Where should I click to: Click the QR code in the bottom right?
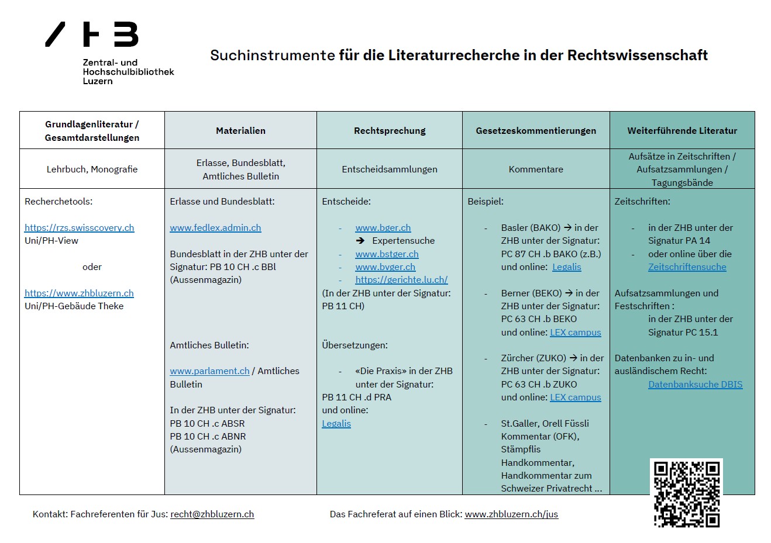click(686, 493)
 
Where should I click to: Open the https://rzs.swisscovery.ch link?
click(80, 228)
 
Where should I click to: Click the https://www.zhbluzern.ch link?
click(79, 293)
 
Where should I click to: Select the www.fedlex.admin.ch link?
click(215, 228)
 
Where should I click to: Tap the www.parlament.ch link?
click(209, 371)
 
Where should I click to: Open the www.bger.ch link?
click(383, 228)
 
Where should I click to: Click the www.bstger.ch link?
click(387, 254)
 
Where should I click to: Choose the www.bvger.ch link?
click(385, 267)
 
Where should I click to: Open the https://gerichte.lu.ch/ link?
click(401, 280)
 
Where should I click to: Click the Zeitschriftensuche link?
click(687, 267)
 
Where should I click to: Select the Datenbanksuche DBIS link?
click(695, 385)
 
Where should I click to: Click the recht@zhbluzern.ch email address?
click(212, 514)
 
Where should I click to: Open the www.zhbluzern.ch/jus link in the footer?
click(511, 514)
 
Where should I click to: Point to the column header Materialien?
click(240, 131)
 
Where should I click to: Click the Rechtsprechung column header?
click(390, 131)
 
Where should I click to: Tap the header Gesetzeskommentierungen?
click(536, 131)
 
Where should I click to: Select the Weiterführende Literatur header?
click(682, 131)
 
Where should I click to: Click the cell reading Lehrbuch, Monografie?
click(92, 170)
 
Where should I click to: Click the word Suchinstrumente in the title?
click(272, 56)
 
